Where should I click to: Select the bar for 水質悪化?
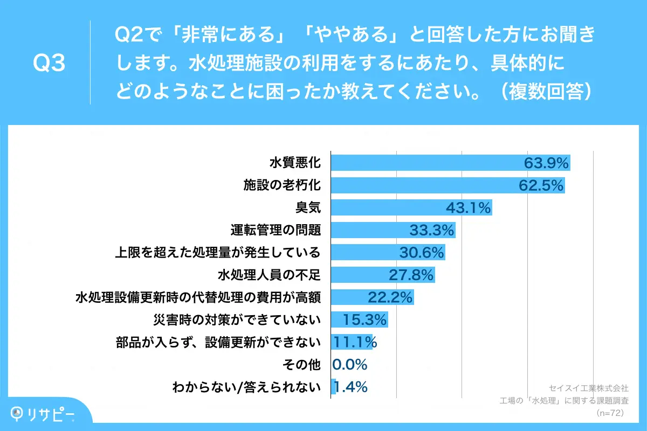coord(426,163)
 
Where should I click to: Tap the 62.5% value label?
coord(541,185)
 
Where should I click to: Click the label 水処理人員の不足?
coord(269,275)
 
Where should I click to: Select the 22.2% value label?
coord(390,297)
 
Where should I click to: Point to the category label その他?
coord(302,365)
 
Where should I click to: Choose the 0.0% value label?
coord(350,365)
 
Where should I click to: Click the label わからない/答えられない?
coord(246,387)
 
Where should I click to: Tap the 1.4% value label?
coord(352,387)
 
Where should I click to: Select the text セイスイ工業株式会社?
coord(588,388)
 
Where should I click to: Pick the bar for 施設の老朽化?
coord(421,185)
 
